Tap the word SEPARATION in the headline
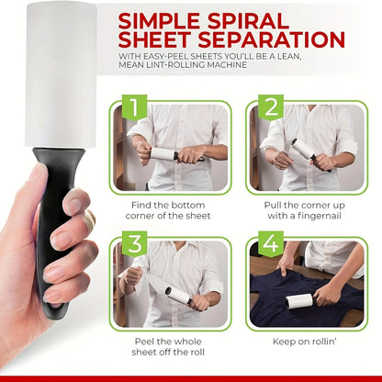click(x=267, y=40)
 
